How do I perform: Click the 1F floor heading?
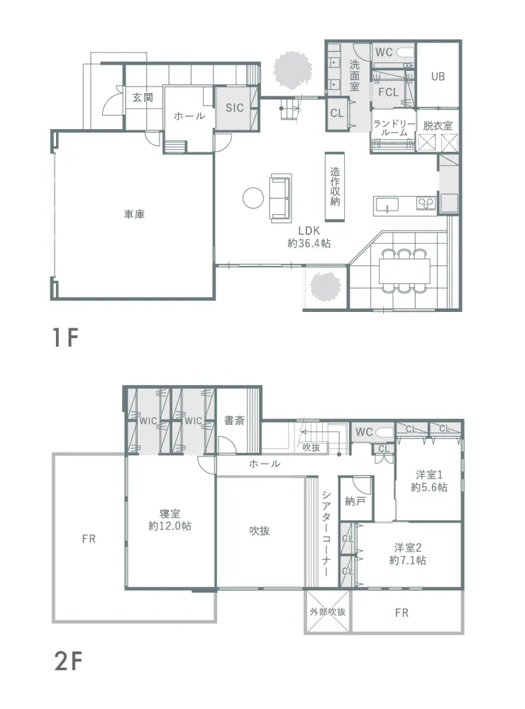pyautogui.click(x=66, y=337)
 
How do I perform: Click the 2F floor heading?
pyautogui.click(x=68, y=662)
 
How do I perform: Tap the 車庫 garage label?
pyautogui.click(x=134, y=214)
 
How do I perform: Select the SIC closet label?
pyautogui.click(x=234, y=108)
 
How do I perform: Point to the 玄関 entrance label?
pyautogui.click(x=143, y=97)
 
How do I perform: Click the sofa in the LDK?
pyautogui.click(x=281, y=198)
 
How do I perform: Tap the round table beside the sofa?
pyautogui.click(x=253, y=198)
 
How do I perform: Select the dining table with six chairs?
pyautogui.click(x=404, y=270)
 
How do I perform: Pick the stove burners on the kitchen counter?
pyautogui.click(x=426, y=203)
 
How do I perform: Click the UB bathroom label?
pyautogui.click(x=438, y=77)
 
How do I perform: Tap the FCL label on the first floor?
pyautogui.click(x=388, y=92)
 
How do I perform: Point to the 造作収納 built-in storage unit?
pyautogui.click(x=335, y=186)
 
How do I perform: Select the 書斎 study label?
pyautogui.click(x=234, y=420)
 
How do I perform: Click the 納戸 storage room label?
pyautogui.click(x=355, y=501)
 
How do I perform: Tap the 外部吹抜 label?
pyautogui.click(x=328, y=612)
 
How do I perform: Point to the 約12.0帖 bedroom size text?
pyautogui.click(x=170, y=526)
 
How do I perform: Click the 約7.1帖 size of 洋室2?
pyautogui.click(x=407, y=560)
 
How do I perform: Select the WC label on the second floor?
pyautogui.click(x=364, y=432)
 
